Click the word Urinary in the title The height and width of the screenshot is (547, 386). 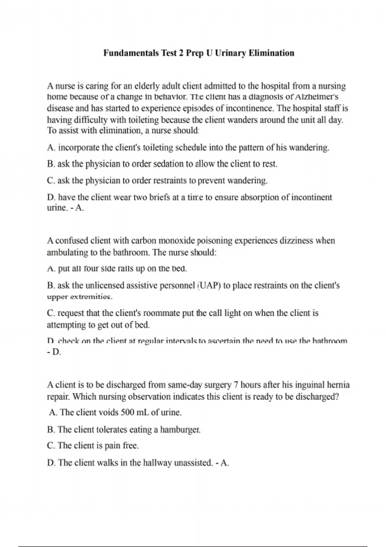click(x=230, y=53)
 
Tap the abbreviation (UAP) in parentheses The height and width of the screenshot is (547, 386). click(x=209, y=286)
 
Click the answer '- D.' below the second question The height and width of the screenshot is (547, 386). click(x=54, y=352)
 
